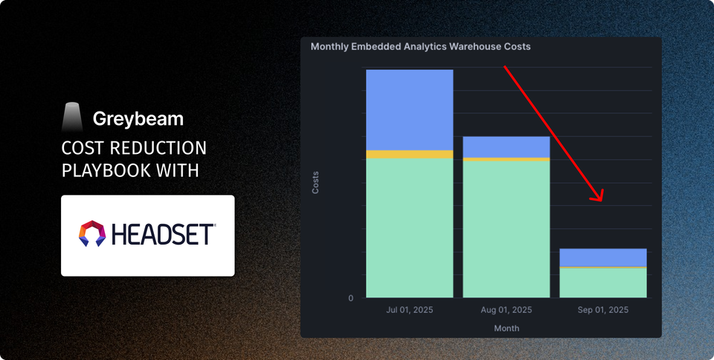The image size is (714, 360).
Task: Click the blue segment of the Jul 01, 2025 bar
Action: (409, 109)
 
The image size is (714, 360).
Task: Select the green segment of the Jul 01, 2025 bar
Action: (409, 228)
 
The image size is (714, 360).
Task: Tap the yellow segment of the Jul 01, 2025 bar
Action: (409, 155)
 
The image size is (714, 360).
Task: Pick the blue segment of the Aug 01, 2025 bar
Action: (506, 147)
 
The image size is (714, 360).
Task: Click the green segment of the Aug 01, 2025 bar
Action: (506, 229)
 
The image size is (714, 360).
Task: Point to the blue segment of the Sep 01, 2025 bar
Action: (602, 257)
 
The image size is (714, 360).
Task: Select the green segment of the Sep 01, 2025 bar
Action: (602, 283)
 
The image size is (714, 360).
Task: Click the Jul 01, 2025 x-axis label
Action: (409, 309)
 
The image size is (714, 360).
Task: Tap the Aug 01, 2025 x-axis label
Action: (506, 309)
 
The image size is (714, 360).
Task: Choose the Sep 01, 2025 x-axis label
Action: (602, 309)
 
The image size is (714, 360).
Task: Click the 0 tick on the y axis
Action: (351, 298)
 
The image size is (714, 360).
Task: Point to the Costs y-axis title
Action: (315, 182)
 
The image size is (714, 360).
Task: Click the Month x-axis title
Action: (506, 328)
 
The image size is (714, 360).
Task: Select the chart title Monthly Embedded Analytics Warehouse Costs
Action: (420, 47)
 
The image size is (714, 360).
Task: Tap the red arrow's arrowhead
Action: (598, 198)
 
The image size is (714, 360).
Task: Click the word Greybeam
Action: (138, 118)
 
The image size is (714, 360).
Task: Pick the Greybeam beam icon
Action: (72, 118)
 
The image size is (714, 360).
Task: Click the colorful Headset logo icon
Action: (93, 234)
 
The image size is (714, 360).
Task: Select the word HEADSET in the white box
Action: (164, 234)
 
